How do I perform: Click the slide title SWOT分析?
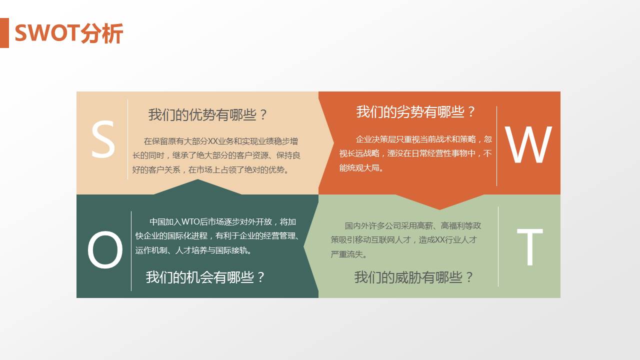(68, 33)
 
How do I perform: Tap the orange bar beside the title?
(4, 33)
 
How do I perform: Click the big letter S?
(103, 140)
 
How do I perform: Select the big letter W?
(528, 145)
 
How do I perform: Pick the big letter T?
(529, 247)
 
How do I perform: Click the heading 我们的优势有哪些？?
(208, 115)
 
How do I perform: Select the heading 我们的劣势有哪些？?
(416, 112)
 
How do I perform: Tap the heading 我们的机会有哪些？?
(205, 277)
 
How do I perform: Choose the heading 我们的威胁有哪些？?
(414, 277)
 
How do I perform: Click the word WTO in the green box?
(190, 222)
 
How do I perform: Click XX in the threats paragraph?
(440, 240)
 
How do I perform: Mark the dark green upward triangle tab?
(198, 187)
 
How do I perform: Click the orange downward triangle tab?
(440, 201)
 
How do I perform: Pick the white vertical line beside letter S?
(128, 139)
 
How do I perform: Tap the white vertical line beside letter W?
(496, 145)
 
